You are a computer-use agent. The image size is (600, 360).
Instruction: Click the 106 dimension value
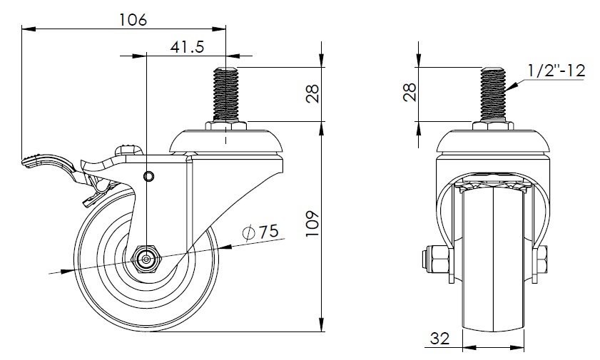point(133,19)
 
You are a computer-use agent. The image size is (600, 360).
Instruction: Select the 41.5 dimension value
point(187,47)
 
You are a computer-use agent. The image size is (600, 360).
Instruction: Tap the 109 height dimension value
point(312,223)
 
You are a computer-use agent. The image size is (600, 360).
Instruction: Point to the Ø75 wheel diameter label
point(260,232)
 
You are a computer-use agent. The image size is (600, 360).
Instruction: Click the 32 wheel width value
point(439,338)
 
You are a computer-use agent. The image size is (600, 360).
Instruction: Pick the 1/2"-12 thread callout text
point(556,71)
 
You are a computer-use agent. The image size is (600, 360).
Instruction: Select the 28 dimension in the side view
point(312,93)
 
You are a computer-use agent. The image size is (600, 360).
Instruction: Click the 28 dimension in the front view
point(410,92)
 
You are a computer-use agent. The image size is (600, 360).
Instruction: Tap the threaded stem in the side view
point(225,94)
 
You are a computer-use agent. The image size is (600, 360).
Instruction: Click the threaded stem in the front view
point(493,94)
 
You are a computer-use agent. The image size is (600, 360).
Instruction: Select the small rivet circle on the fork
point(148,176)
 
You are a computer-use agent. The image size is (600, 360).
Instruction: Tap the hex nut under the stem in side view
point(225,126)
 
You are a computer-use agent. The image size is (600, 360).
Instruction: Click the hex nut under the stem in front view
point(493,126)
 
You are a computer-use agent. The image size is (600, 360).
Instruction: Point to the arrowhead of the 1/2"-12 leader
point(512,86)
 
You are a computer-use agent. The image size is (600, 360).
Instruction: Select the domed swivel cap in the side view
point(225,141)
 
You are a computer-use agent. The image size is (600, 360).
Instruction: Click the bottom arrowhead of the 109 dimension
point(322,324)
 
